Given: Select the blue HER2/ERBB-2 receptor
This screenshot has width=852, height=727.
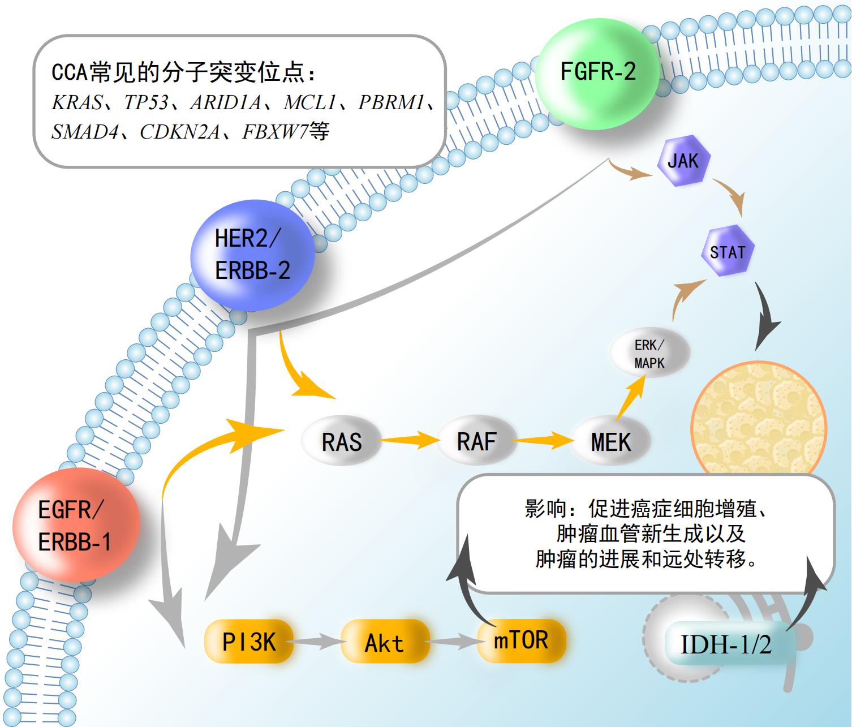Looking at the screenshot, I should [252, 255].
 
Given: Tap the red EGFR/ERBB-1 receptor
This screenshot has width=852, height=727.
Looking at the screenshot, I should [75, 526].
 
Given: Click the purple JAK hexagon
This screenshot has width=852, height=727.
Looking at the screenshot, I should [683, 161].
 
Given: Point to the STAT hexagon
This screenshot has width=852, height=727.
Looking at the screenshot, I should [728, 251].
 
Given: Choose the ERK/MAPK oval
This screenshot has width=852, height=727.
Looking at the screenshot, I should [649, 354].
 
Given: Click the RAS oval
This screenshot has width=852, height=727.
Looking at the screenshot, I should [341, 441].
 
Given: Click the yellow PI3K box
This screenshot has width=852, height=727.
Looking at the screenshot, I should [249, 642].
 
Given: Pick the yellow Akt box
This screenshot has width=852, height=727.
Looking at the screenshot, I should [385, 642].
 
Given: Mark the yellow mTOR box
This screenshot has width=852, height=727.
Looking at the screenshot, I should [521, 640].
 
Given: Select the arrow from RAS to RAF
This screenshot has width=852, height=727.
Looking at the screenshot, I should [408, 439].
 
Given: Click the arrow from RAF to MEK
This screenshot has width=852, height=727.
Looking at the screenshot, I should [544, 439].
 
